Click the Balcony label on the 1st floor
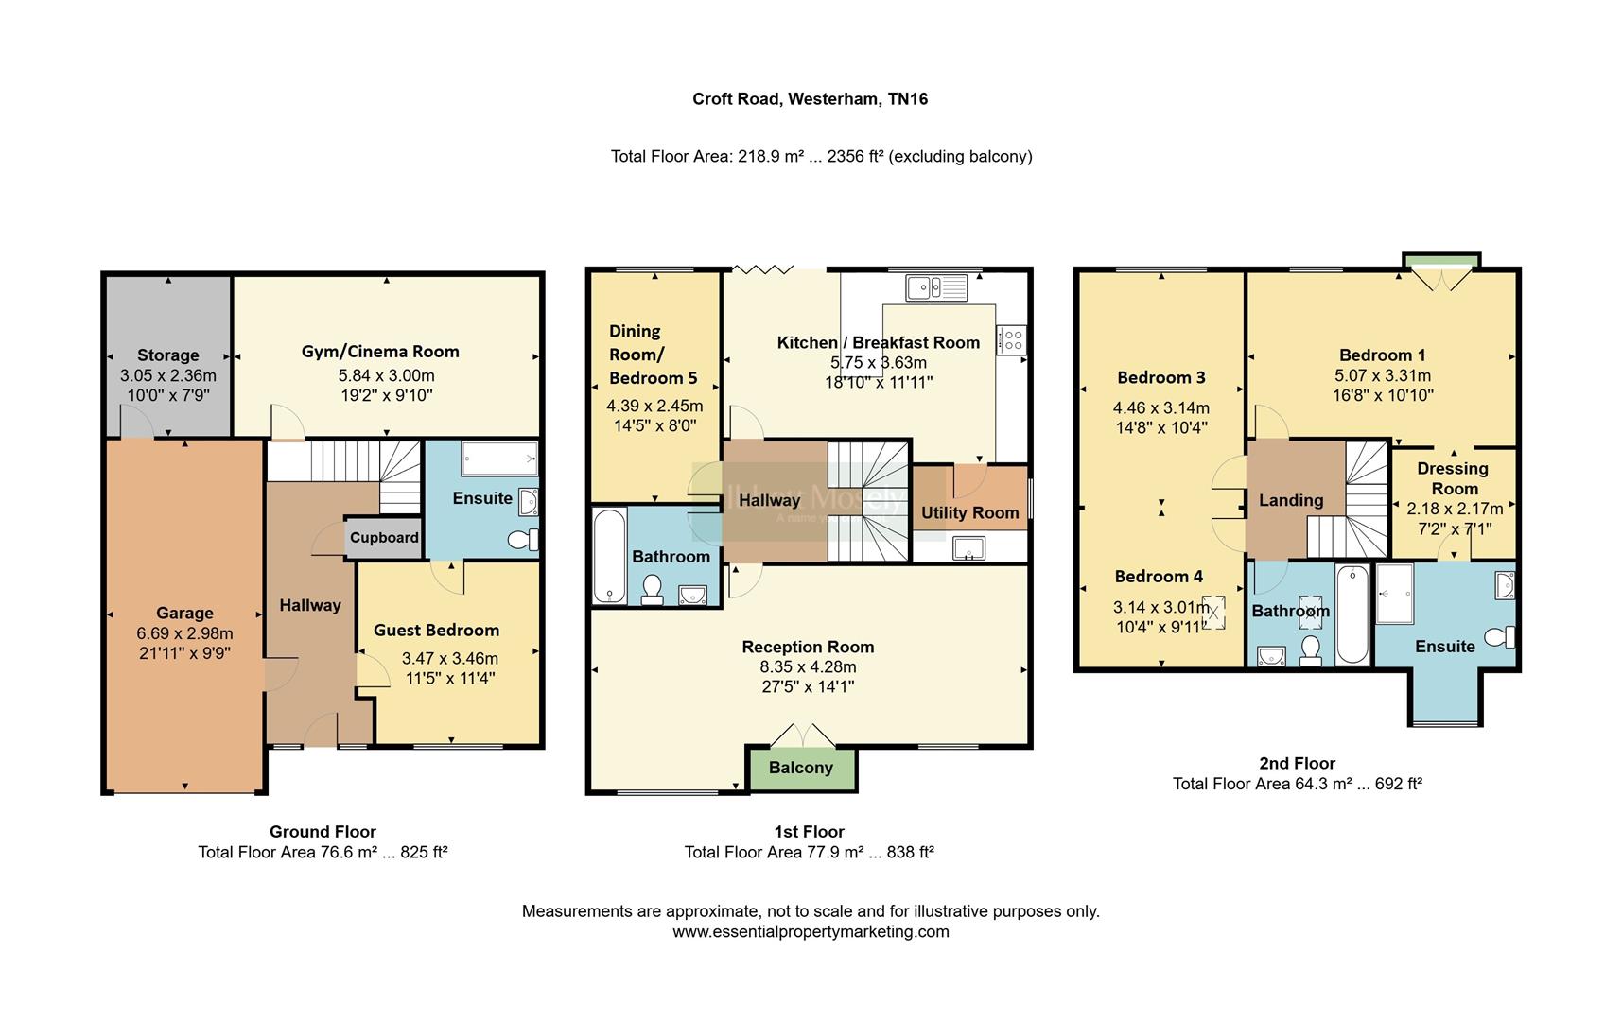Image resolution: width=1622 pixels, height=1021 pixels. click(x=800, y=768)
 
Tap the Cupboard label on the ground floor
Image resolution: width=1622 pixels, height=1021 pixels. click(x=384, y=538)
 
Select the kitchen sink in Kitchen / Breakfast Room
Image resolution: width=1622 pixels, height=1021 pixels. click(x=935, y=286)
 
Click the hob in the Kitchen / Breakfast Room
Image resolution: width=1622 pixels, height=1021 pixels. click(x=1013, y=338)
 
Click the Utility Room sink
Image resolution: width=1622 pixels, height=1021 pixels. click(x=968, y=548)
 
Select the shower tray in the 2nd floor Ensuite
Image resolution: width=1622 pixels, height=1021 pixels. click(x=1395, y=595)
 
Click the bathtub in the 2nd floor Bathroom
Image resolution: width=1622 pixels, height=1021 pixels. click(x=1352, y=614)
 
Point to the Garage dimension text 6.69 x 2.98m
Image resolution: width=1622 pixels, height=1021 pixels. click(x=184, y=633)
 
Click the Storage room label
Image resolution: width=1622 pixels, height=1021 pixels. click(x=168, y=355)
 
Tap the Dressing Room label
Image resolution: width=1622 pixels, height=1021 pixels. click(x=1454, y=478)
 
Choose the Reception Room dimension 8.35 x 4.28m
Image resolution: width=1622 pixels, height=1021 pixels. click(x=808, y=666)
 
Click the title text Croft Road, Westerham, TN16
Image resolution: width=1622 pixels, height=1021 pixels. click(x=810, y=99)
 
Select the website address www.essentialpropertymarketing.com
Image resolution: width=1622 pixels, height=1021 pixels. click(x=811, y=932)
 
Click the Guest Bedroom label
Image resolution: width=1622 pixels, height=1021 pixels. click(x=436, y=631)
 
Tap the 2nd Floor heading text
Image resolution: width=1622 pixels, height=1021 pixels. click(x=1297, y=763)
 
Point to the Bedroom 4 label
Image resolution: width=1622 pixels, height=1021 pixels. click(x=1159, y=577)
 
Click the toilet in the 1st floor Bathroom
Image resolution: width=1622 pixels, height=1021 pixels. click(x=652, y=590)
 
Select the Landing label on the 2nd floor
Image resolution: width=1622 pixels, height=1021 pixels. click(x=1291, y=501)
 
